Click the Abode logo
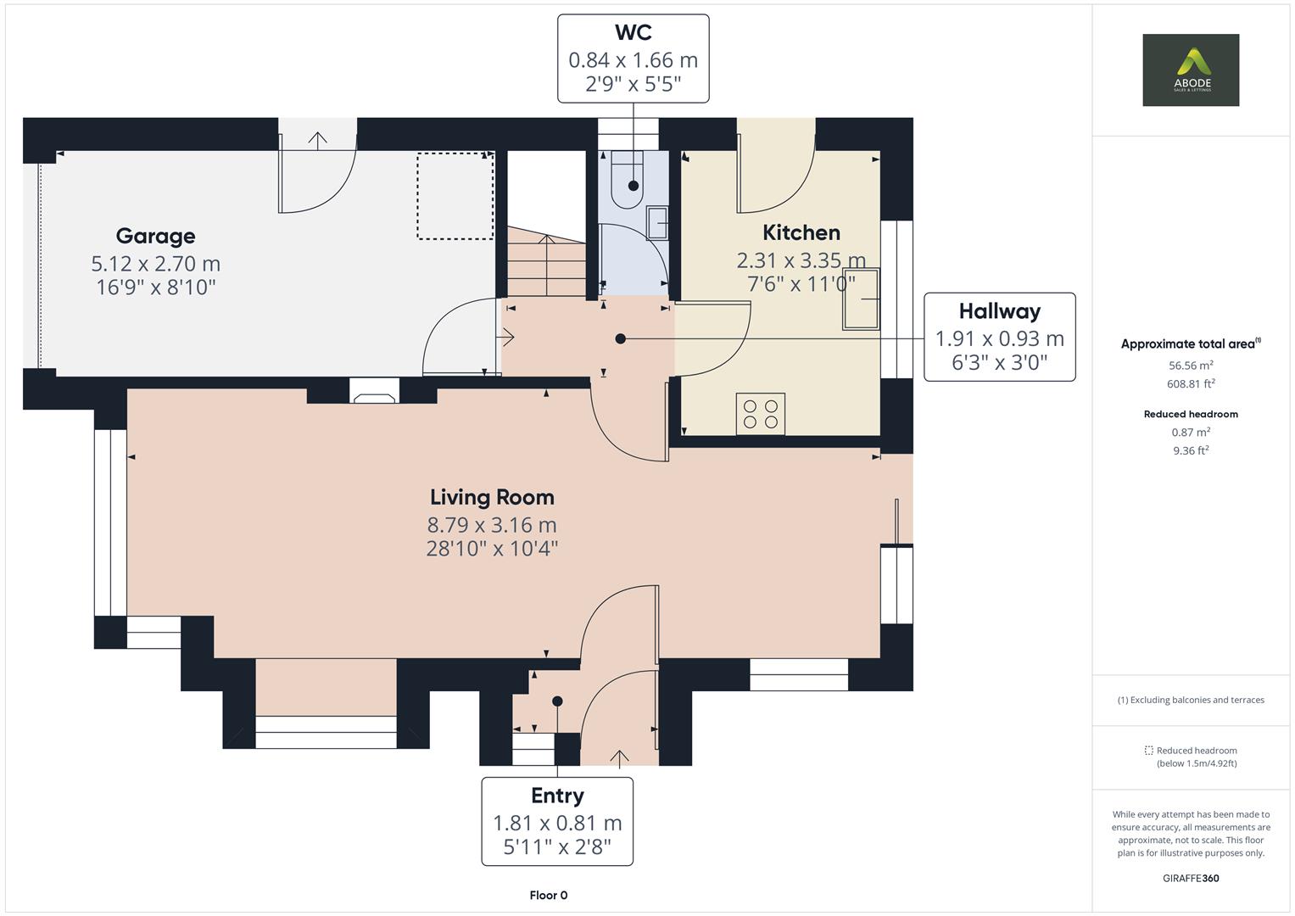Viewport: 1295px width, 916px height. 1190,70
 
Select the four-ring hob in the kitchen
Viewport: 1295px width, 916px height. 760,414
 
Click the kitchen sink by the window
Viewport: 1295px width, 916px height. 860,299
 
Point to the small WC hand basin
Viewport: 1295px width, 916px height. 657,224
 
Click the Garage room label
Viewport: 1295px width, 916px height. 155,236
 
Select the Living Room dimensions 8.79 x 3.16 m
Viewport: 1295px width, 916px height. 492,524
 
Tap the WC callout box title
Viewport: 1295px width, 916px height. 633,32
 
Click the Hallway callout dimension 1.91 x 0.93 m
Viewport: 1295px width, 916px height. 999,338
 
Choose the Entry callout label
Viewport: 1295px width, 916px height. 557,796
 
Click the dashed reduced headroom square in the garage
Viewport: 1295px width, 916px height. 455,196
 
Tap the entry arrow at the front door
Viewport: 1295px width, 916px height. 619,757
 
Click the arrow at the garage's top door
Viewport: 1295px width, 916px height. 318,139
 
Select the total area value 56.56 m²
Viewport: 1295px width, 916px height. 1191,366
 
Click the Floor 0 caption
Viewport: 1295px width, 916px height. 548,895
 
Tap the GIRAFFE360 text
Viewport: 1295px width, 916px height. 1191,878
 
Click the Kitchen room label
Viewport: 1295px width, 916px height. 801,232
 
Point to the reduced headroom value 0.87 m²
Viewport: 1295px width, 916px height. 1191,433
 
